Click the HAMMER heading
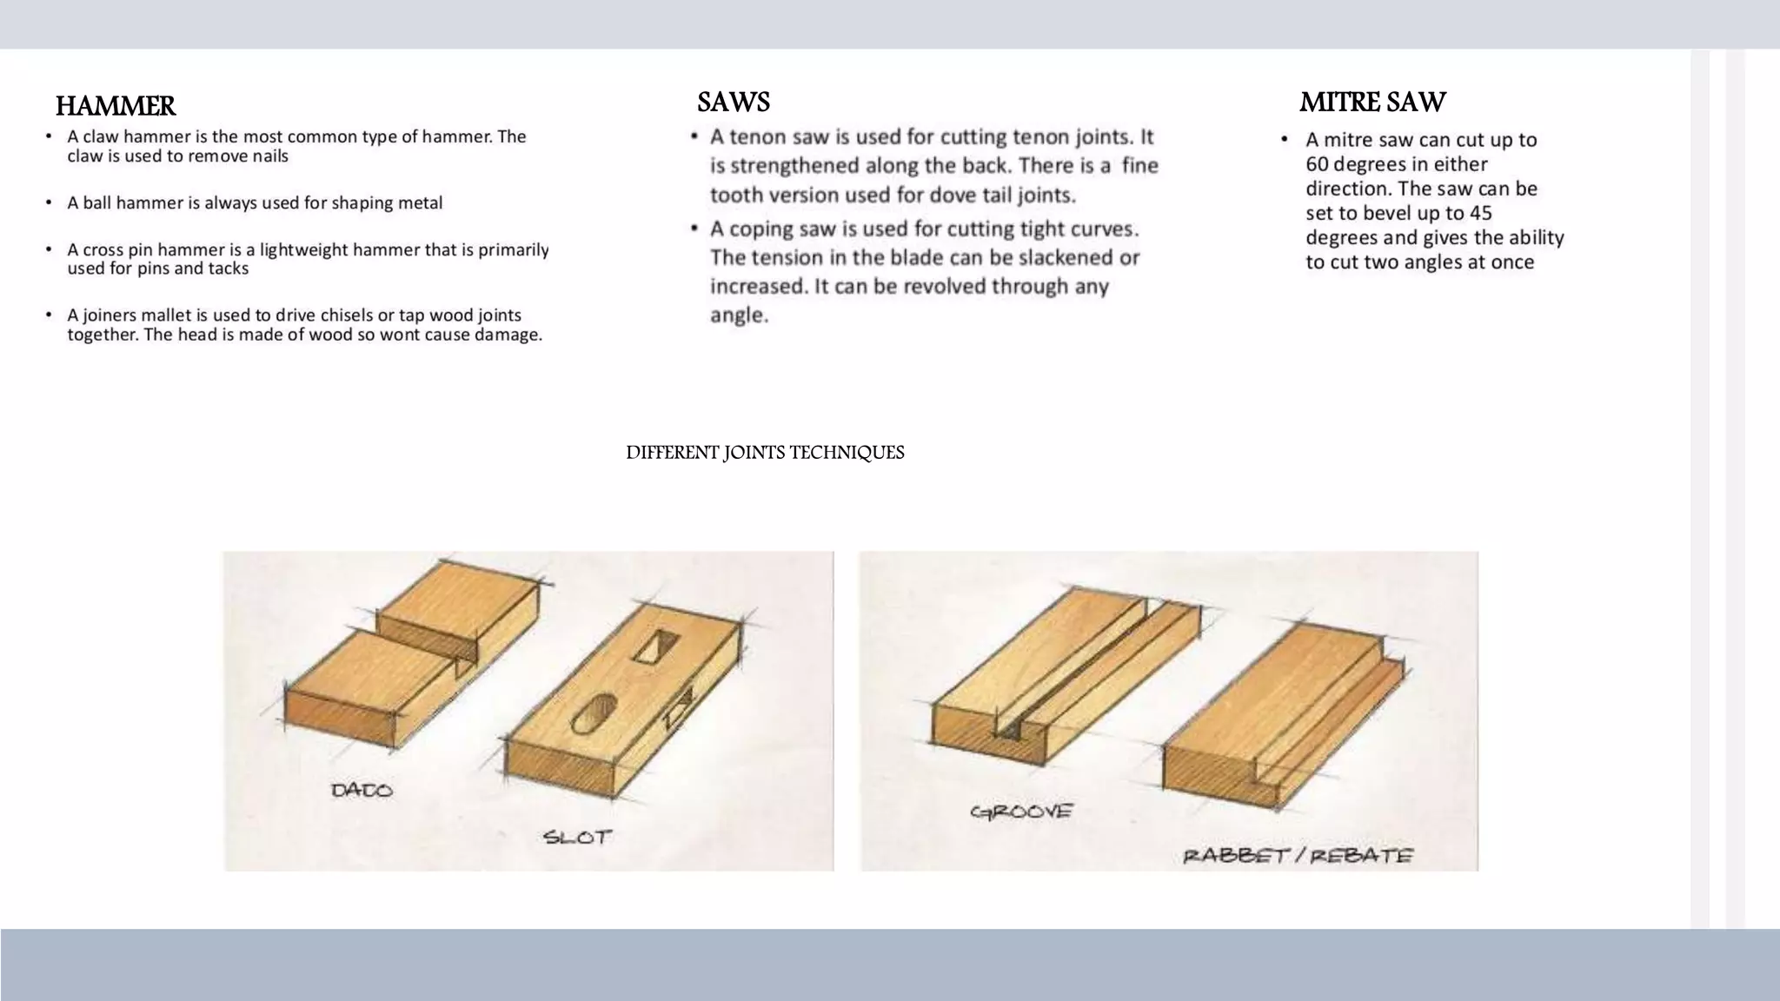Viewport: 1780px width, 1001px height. [116, 106]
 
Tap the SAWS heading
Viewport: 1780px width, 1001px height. [734, 103]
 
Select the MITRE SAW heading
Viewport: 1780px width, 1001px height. [1372, 103]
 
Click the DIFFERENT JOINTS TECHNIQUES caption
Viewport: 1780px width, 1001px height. [765, 453]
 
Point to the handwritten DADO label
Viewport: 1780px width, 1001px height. [362, 790]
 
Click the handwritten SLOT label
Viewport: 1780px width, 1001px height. [577, 838]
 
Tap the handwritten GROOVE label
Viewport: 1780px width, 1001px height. [1021, 812]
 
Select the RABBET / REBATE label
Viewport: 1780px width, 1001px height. [1298, 855]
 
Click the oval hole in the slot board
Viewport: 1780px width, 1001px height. [594, 712]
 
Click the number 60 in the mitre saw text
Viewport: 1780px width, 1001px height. [1317, 164]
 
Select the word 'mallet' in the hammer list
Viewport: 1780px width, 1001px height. [165, 315]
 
